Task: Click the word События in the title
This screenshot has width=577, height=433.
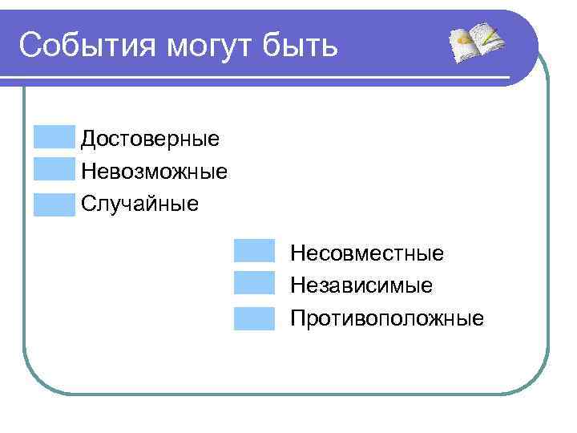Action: click(87, 45)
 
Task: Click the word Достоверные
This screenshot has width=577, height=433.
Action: click(150, 139)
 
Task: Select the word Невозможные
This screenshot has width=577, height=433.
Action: click(154, 171)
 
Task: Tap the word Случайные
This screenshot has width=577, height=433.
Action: click(139, 204)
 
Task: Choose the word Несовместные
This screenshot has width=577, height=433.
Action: click(366, 253)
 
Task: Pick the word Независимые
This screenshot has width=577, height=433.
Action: click(361, 285)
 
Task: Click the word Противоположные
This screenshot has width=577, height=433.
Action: click(387, 318)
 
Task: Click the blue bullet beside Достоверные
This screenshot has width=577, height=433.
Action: click(54, 137)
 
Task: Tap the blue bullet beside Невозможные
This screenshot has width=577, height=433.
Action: click(54, 170)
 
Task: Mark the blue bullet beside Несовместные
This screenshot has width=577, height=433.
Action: click(254, 252)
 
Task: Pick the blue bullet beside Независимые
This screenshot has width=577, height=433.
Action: click(254, 285)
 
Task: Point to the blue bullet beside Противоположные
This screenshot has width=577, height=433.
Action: click(254, 318)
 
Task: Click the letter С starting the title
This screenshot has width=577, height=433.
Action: click(29, 45)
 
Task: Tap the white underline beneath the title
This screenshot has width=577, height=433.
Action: click(264, 78)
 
